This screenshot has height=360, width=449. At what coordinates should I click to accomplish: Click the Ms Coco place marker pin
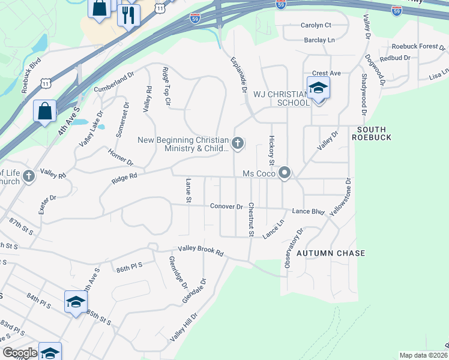[285, 173]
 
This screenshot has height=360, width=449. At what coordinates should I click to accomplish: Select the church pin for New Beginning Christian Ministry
[238, 143]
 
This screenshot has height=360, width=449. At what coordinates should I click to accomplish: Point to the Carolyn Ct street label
[316, 25]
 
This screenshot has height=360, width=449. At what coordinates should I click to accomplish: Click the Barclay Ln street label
[319, 40]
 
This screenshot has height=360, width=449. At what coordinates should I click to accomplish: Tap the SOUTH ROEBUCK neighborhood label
[375, 133]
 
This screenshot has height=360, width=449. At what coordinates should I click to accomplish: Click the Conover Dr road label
[226, 206]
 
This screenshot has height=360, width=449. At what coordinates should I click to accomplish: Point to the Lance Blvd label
[308, 212]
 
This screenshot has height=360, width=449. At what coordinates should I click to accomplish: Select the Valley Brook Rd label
[200, 251]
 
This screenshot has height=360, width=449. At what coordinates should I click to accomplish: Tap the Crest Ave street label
[327, 73]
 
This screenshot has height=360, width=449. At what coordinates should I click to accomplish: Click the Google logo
[20, 353]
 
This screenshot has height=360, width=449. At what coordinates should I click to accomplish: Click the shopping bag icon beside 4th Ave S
[45, 111]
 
